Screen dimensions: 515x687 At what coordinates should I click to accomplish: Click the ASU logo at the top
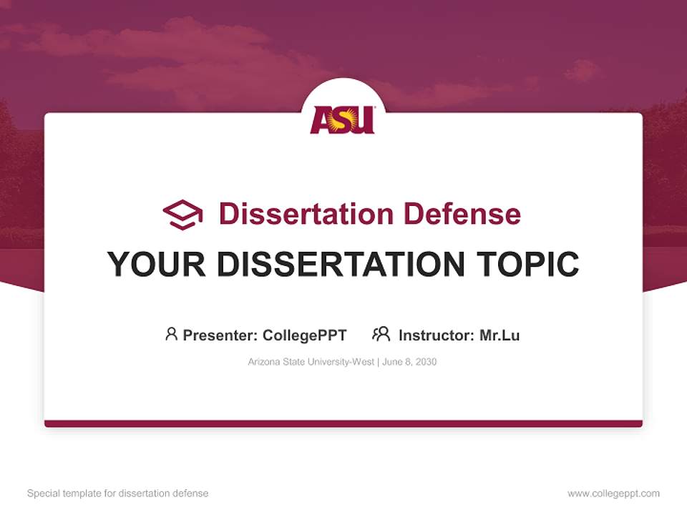coord(343,119)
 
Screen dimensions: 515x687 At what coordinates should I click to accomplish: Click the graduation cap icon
coord(182,215)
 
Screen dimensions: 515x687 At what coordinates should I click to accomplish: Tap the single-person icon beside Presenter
coord(171,334)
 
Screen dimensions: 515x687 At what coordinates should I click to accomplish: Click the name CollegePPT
coord(304,335)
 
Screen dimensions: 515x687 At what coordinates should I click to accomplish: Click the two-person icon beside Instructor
coord(381,334)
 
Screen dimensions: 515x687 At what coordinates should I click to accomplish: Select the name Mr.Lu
coord(500,335)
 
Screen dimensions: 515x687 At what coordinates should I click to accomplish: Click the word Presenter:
coord(220,335)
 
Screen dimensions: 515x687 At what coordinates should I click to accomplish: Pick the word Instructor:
coord(436,335)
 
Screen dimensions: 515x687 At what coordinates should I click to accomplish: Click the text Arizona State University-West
coord(311,362)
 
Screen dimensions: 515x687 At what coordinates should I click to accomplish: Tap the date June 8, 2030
coord(409,362)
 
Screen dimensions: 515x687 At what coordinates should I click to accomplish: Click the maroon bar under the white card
coord(343,423)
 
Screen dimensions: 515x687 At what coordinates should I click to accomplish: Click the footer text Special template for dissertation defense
coord(118,494)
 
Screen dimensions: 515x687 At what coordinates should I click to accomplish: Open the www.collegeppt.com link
coord(613,494)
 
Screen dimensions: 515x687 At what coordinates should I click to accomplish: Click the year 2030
coord(425,362)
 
